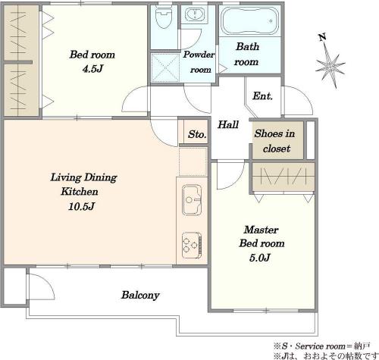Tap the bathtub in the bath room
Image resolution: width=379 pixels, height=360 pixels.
(249, 21)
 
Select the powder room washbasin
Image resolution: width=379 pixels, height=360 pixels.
(195, 14)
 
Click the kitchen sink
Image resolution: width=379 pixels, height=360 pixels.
(192, 200)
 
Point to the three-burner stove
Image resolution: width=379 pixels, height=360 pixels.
(192, 245)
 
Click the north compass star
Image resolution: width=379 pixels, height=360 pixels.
(330, 67)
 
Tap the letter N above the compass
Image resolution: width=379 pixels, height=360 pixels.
(322, 38)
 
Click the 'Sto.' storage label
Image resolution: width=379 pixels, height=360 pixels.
(197, 134)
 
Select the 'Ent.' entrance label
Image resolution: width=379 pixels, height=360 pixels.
(262, 96)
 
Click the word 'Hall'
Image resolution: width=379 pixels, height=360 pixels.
(228, 124)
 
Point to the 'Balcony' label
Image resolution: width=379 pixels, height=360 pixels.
(140, 295)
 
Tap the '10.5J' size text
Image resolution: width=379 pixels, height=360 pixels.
(81, 206)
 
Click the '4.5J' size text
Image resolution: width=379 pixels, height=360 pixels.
(93, 69)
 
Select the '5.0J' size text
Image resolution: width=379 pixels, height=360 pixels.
(260, 258)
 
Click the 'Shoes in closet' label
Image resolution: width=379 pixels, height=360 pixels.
(275, 141)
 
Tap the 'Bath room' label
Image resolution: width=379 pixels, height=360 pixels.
(247, 54)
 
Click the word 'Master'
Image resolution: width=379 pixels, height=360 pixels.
(262, 230)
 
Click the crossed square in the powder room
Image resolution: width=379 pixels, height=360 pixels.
(165, 67)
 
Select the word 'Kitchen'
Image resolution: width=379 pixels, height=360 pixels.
(80, 192)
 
